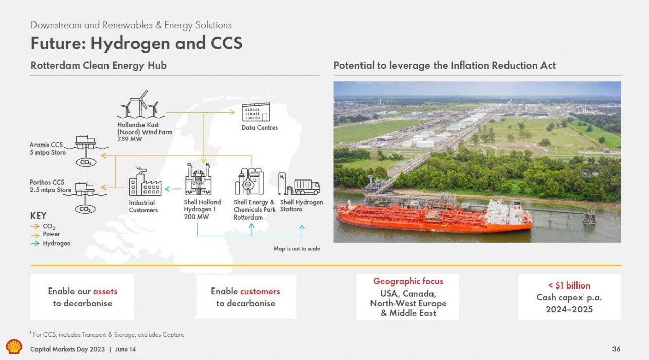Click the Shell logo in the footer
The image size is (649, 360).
pyautogui.click(x=14, y=347)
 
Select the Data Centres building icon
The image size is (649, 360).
pyautogui.click(x=256, y=112)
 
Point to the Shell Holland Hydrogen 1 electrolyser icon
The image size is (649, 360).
pyautogui.click(x=198, y=179)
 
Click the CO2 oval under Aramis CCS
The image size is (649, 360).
pyautogui.click(x=86, y=162)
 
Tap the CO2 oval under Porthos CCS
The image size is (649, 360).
pyautogui.click(x=85, y=209)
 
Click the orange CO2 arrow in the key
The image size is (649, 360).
pyautogui.click(x=35, y=226)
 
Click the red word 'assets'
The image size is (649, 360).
pyautogui.click(x=105, y=291)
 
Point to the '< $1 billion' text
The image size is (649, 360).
pyautogui.click(x=569, y=285)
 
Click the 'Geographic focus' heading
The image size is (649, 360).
pyautogui.click(x=408, y=281)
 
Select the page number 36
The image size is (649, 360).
pyautogui.click(x=616, y=349)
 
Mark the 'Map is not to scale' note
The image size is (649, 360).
pyautogui.click(x=297, y=248)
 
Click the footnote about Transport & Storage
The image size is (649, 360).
pyautogui.click(x=107, y=334)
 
